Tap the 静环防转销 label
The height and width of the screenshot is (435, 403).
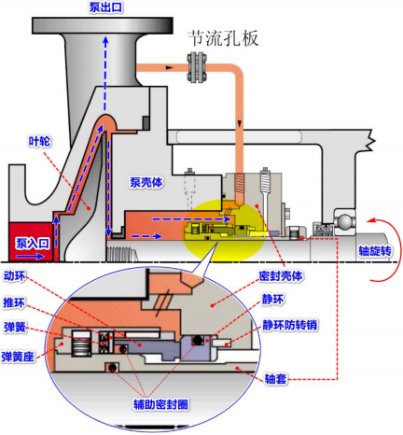[299, 328]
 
